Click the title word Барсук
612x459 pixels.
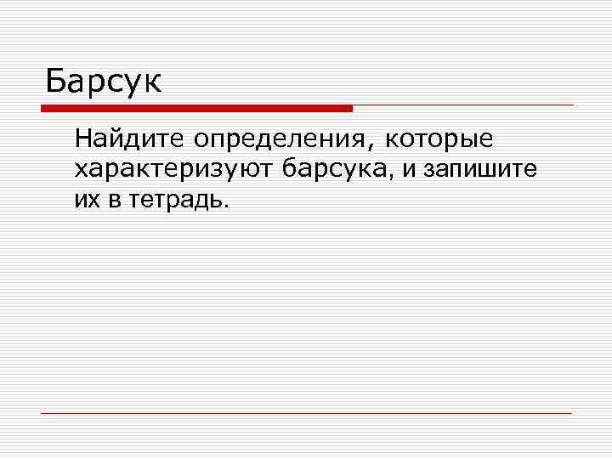103,82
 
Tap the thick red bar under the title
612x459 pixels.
196,108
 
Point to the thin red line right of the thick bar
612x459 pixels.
463,105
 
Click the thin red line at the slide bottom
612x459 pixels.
306,413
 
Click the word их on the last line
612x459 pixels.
86,201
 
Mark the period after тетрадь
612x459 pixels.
227,207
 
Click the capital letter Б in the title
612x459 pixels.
55,82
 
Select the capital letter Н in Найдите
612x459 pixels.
82,138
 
